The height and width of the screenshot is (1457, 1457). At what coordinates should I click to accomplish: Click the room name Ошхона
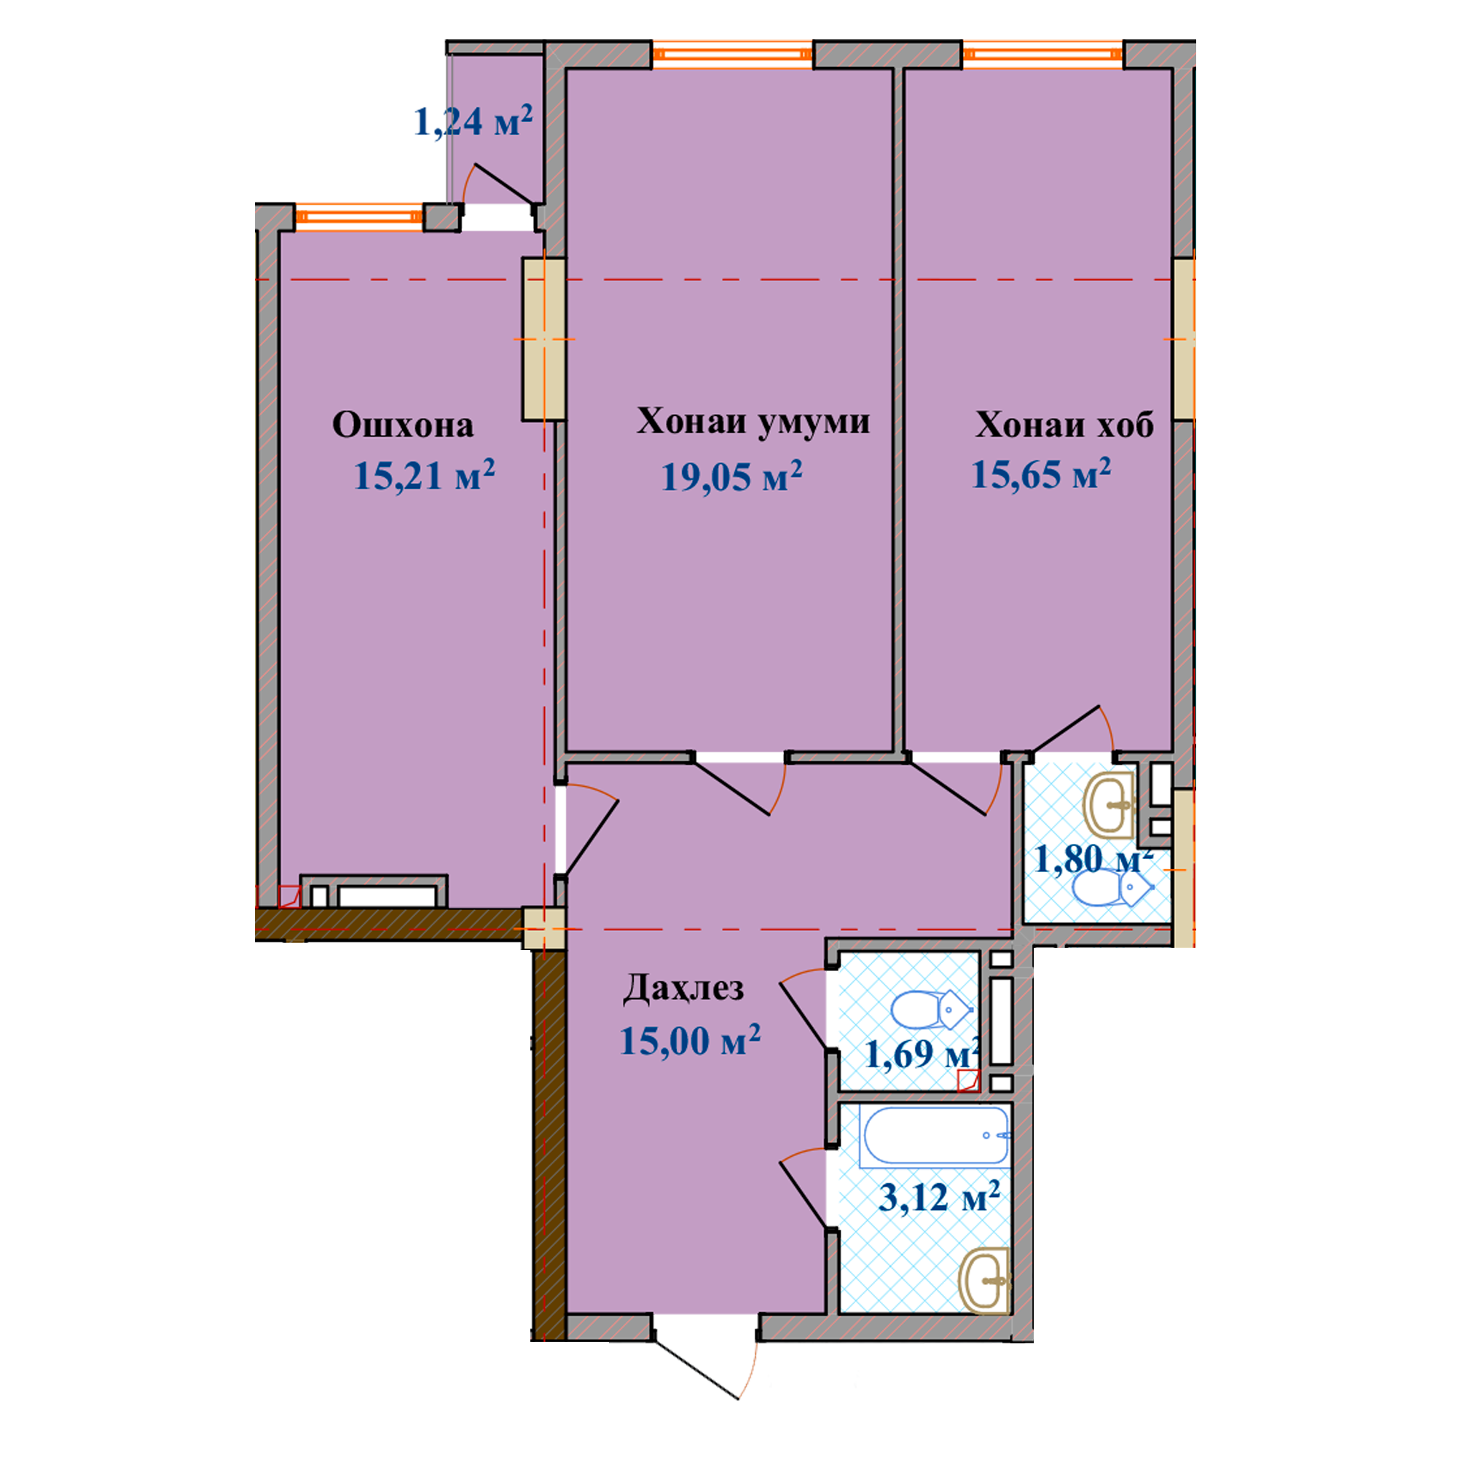pyautogui.click(x=403, y=425)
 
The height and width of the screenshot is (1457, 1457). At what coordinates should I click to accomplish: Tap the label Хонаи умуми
pyautogui.click(x=753, y=422)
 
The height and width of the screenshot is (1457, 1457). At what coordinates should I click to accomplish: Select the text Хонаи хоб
pyautogui.click(x=1064, y=425)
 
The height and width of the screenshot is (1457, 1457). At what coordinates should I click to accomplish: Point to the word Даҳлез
pyautogui.click(x=683, y=989)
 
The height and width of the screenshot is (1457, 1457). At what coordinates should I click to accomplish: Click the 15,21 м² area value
pyautogui.click(x=424, y=475)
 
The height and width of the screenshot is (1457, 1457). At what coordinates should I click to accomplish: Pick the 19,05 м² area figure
pyautogui.click(x=731, y=476)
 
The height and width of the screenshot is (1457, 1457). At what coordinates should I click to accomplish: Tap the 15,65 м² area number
pyautogui.click(x=1041, y=474)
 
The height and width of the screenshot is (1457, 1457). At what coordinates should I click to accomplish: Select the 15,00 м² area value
pyautogui.click(x=690, y=1040)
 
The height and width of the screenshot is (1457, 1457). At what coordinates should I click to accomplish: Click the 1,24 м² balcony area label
pyautogui.click(x=474, y=122)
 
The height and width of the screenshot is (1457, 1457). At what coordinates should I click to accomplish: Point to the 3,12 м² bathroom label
pyautogui.click(x=940, y=1197)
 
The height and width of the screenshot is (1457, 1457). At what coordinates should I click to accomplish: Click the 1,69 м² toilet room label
pyautogui.click(x=922, y=1053)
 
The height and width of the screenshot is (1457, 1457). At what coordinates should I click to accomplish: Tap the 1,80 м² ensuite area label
pyautogui.click(x=1093, y=858)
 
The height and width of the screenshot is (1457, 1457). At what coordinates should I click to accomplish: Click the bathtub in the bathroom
pyautogui.click(x=936, y=1135)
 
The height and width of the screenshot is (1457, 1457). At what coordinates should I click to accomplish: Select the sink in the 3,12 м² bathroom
pyautogui.click(x=984, y=1280)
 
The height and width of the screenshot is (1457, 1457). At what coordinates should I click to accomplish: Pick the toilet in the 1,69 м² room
pyautogui.click(x=931, y=1010)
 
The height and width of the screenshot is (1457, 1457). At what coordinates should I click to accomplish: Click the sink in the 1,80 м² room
pyautogui.click(x=1110, y=805)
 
